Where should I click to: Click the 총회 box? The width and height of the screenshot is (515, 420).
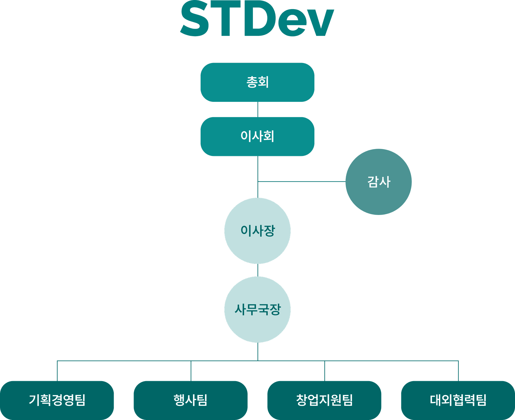(x=257, y=82)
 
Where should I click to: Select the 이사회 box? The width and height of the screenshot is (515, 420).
(x=257, y=136)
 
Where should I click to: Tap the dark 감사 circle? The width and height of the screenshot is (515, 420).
(x=378, y=182)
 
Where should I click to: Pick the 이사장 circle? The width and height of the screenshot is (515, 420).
(x=257, y=231)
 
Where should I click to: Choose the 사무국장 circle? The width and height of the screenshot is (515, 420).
(x=257, y=310)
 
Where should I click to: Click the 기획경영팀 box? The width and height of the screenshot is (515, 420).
(x=57, y=400)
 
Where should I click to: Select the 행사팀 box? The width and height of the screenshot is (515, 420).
(x=190, y=400)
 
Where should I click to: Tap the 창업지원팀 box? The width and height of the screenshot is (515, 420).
(x=324, y=400)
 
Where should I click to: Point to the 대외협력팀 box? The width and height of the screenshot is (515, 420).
(x=458, y=400)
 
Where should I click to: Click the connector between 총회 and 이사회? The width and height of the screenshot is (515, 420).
(x=258, y=109)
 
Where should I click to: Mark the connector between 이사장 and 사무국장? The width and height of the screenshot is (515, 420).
(x=258, y=270)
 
